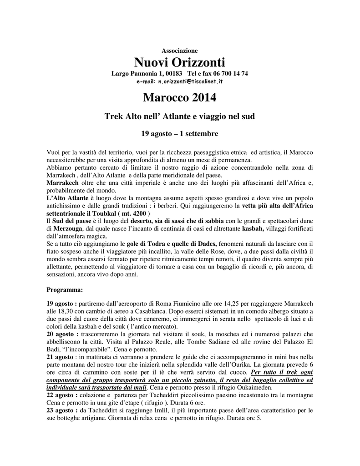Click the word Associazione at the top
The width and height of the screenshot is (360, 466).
pyautogui.click(x=180, y=50)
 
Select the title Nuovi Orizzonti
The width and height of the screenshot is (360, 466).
pyautogui.click(x=180, y=62)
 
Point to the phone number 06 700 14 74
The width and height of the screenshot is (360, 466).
pyautogui.click(x=230, y=74)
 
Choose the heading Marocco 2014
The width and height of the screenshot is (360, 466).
pyautogui.click(x=180, y=97)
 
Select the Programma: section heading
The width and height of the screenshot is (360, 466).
pyautogui.click(x=65, y=289)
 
